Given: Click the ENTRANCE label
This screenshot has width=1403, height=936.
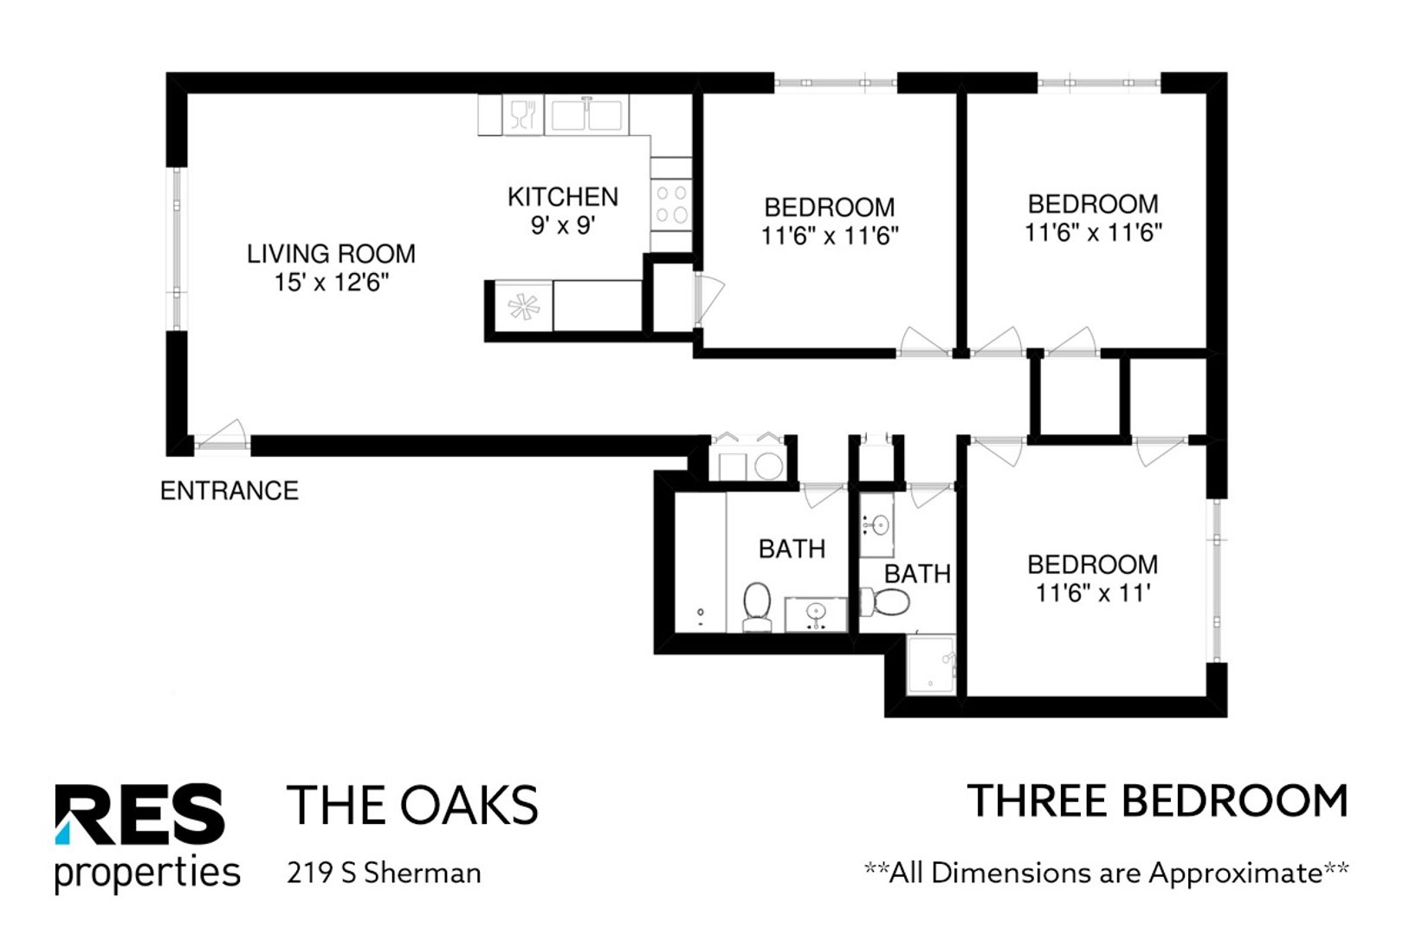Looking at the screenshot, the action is tap(230, 491).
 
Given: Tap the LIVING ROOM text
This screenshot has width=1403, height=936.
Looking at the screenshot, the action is tap(331, 254).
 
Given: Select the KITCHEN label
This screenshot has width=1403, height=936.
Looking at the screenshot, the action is tap(562, 197).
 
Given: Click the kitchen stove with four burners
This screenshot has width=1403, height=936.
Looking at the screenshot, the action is tap(671, 205).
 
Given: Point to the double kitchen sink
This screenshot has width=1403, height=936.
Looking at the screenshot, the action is tap(586, 114).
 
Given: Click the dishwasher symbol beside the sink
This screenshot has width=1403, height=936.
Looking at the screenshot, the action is tap(522, 114).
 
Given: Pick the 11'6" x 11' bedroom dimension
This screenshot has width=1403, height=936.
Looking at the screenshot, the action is tap(1093, 593).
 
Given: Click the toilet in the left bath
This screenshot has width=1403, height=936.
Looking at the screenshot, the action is tap(757, 606).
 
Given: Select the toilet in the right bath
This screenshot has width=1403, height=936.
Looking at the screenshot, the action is tap(884, 601).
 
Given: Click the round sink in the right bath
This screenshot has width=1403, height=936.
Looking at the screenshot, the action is tap(880, 524).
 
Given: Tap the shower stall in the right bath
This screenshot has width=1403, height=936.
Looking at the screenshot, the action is tap(931, 665).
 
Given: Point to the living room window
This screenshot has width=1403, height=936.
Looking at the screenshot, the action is tap(177, 249).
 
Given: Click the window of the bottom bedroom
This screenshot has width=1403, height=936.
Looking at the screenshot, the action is tap(1217, 581).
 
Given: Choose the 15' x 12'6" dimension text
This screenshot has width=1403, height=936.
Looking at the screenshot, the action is tap(332, 283).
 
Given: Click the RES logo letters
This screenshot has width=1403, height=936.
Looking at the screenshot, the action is tap(139, 814).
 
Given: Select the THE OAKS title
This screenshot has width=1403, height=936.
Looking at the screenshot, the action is tap(412, 805).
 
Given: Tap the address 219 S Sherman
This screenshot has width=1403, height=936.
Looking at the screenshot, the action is tap(384, 873).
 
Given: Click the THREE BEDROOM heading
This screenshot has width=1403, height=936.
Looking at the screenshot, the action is tap(1157, 801).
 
